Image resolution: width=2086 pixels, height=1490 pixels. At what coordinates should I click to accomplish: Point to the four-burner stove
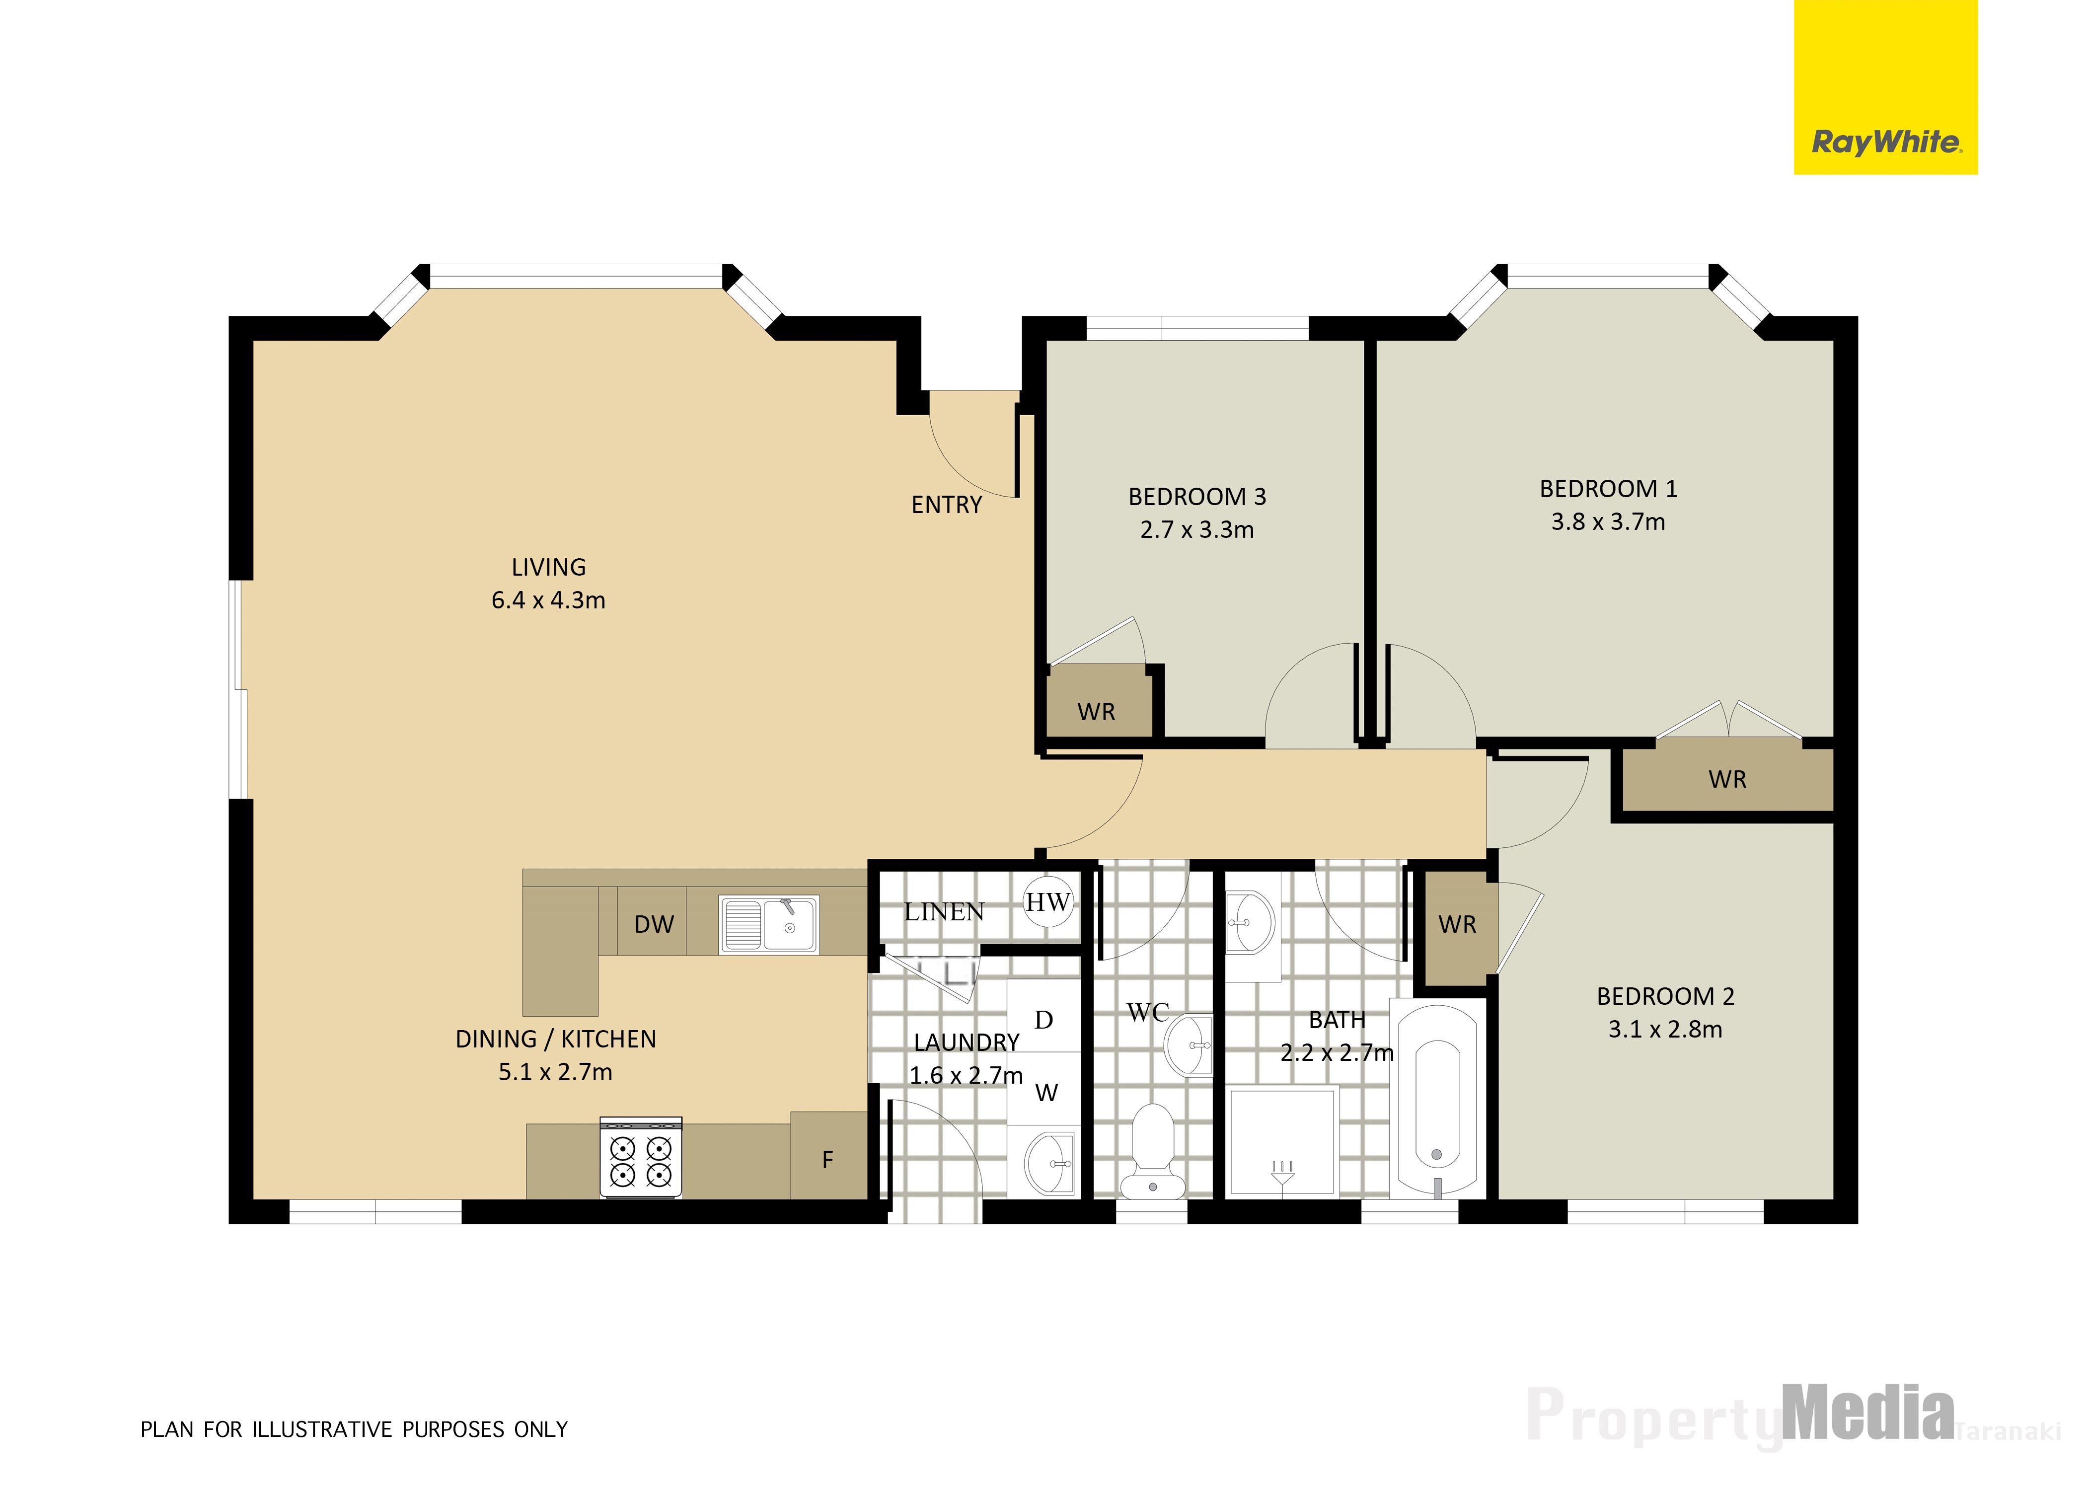tap(640, 1157)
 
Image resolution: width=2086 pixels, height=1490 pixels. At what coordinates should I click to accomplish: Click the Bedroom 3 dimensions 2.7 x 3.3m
tap(1197, 529)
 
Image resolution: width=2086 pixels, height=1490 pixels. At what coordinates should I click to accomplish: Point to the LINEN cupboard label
tap(944, 912)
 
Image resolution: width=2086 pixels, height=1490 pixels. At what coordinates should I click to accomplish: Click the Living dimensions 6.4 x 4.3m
tap(548, 600)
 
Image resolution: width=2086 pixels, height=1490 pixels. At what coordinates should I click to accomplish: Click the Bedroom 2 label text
tap(1665, 996)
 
